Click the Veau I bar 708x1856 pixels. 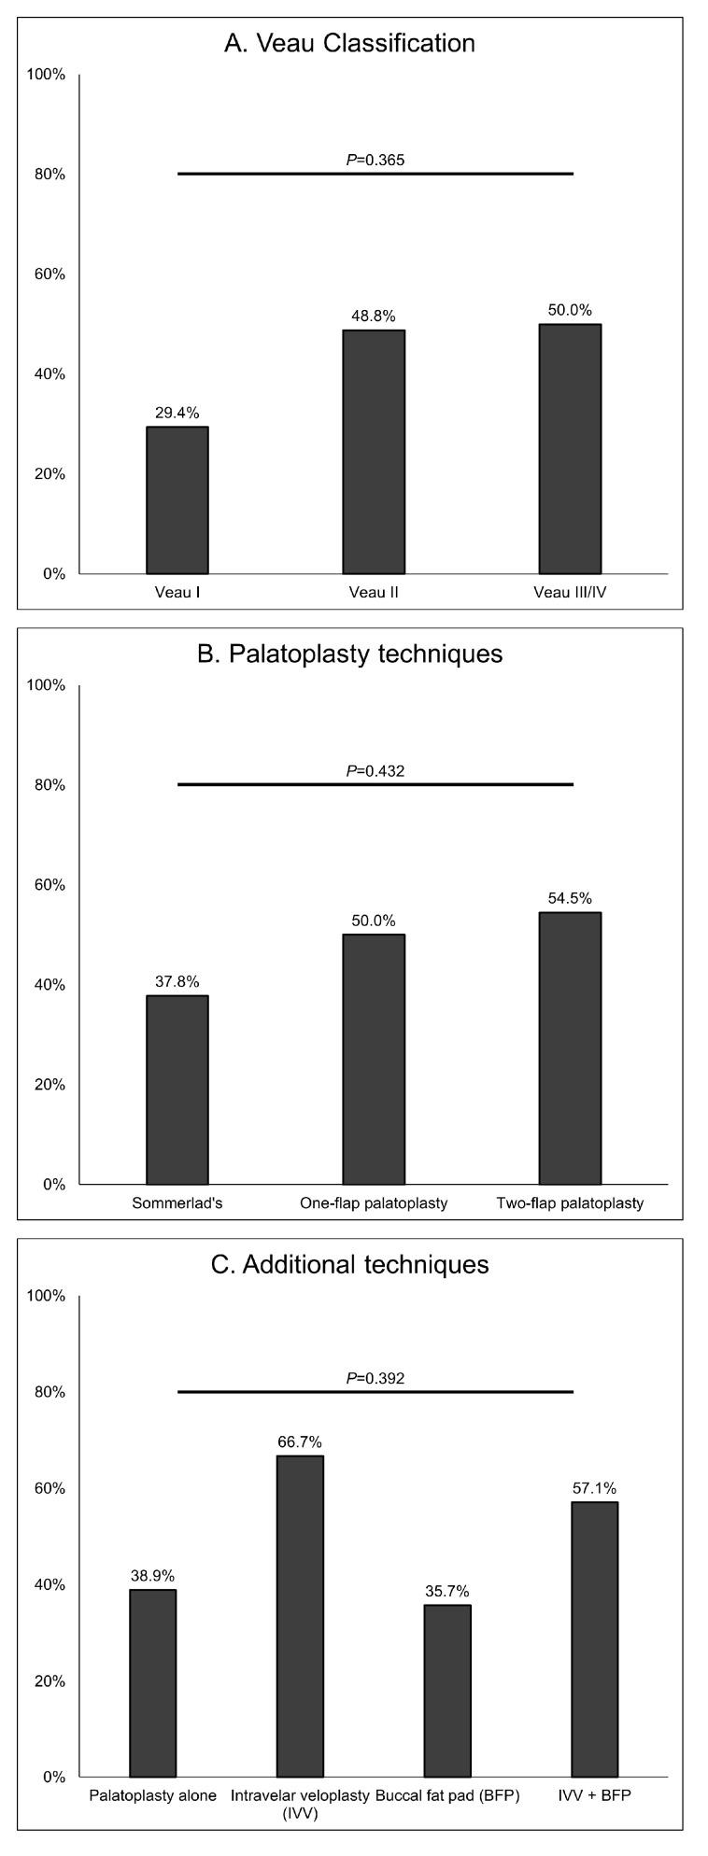pos(177,499)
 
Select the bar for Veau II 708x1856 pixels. pos(374,451)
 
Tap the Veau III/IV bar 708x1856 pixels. pos(570,448)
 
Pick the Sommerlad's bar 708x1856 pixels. pos(177,1090)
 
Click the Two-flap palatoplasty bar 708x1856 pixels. pos(570,1048)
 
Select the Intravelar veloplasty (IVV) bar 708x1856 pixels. pos(300,1616)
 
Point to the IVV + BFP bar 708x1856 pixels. pos(595,1638)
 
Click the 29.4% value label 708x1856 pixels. pos(177,412)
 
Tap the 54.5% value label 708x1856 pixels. pos(570,898)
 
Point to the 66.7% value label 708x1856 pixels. pos(300,1441)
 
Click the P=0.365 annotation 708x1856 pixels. pos(375,160)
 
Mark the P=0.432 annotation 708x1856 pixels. pos(375,770)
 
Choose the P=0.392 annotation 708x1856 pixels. pos(375,1378)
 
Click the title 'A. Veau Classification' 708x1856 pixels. pos(349,43)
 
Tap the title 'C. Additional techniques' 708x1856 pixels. pos(349,1264)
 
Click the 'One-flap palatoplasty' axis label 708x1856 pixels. pos(374,1202)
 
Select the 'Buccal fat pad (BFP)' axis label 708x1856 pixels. pos(447,1794)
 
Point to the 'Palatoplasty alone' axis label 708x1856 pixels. pos(153,1794)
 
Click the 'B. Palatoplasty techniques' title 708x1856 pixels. pos(349,654)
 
